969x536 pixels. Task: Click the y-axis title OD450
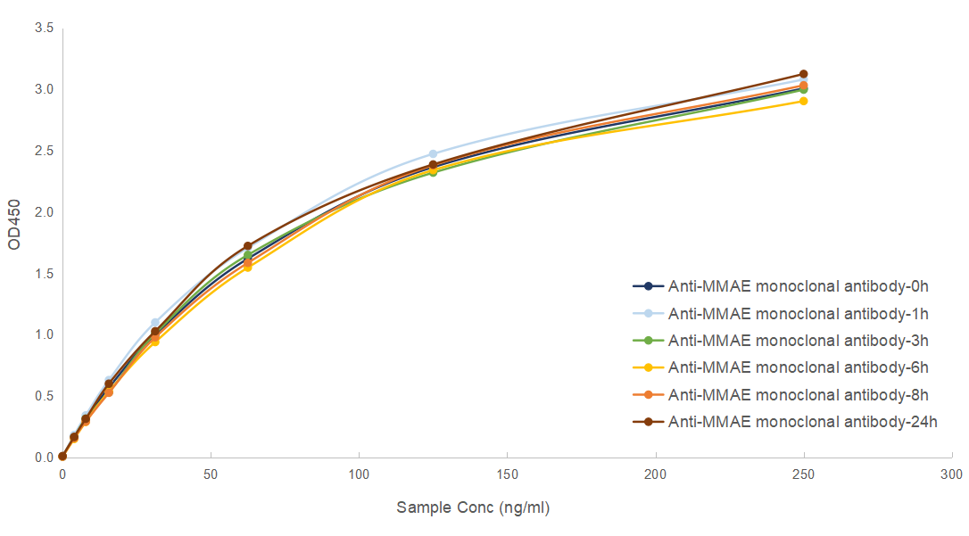14,231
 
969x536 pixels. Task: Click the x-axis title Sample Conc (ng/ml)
473,507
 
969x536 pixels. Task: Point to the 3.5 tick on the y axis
44,29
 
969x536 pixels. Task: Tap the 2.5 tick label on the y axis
44,151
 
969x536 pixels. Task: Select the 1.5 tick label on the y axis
44,274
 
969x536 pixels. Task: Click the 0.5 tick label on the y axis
44,396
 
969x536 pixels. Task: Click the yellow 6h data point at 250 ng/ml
803,101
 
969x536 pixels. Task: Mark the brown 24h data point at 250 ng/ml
803,74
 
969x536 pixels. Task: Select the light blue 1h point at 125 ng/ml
433,154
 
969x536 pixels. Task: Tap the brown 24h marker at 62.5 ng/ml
247,246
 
